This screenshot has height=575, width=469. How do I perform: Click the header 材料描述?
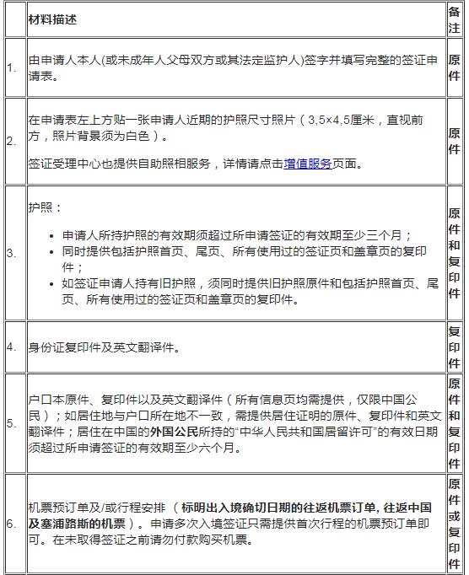(x=55, y=19)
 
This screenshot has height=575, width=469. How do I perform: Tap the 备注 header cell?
(x=454, y=19)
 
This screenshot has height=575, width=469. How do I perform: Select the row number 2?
(x=12, y=141)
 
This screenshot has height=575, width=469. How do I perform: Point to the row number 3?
(x=12, y=253)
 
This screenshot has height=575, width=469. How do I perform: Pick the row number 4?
(x=12, y=347)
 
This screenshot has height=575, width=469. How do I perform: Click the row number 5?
(x=12, y=423)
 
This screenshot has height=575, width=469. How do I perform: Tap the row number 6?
(x=12, y=524)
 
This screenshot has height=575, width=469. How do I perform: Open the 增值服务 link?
(x=307, y=164)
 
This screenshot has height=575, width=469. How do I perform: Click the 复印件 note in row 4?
(x=454, y=347)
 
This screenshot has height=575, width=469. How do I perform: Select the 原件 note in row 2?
(x=454, y=141)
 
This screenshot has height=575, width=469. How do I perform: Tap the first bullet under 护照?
(x=236, y=235)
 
